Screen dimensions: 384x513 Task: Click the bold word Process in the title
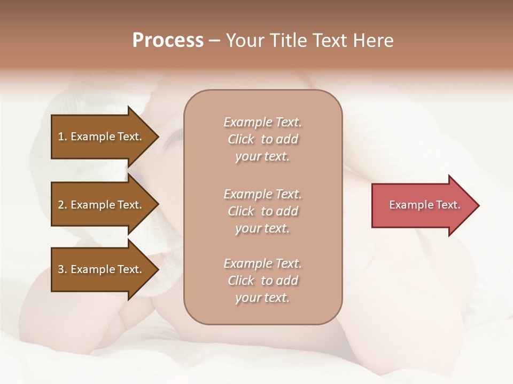[168, 41]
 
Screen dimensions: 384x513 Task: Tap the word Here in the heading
[374, 41]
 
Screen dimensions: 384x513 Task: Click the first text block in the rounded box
[262, 139]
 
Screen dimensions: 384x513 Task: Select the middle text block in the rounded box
[262, 211]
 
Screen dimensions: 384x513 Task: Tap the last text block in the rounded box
[262, 281]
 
